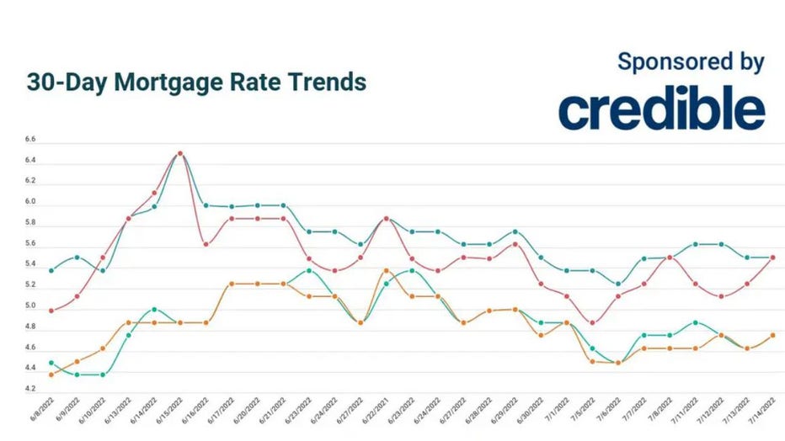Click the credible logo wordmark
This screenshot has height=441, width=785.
point(661,109)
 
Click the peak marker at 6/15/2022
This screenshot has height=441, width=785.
point(180,153)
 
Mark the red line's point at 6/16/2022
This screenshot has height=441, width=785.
point(206,245)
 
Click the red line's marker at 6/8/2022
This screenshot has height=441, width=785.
point(51,311)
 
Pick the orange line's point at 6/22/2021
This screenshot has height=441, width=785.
point(386,271)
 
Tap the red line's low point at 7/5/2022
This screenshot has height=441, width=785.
point(592,323)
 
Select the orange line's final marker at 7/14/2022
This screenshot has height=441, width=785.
point(772,336)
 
